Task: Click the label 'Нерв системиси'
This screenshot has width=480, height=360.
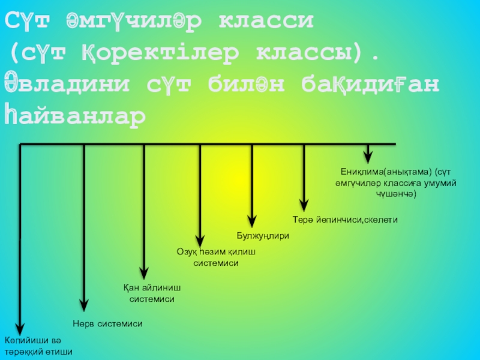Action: [x=107, y=323]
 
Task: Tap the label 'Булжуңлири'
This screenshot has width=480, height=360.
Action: [x=263, y=236]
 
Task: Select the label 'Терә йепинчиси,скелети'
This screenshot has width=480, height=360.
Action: [x=345, y=220]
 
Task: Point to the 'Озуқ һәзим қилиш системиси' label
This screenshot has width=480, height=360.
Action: [x=216, y=257]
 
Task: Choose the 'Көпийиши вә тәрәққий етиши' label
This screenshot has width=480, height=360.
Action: [x=38, y=346]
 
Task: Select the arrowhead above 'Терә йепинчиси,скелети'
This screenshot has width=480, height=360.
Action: [x=305, y=203]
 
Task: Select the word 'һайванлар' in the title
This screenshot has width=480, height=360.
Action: [x=76, y=114]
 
